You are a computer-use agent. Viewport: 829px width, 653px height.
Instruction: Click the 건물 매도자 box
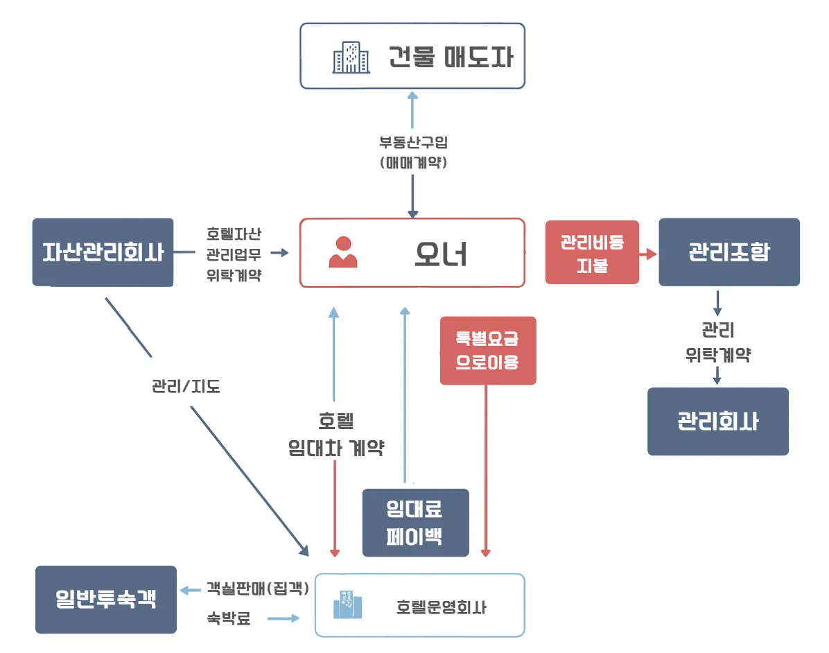[x=412, y=56]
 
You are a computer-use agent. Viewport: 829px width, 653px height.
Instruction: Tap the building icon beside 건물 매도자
[x=348, y=57]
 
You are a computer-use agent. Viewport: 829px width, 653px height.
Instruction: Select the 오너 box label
[x=441, y=254]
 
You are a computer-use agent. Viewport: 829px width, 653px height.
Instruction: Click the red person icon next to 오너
[x=343, y=253]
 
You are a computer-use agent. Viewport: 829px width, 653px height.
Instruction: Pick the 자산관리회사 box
[x=103, y=252]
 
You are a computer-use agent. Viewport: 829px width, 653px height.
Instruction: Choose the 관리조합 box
[x=728, y=252]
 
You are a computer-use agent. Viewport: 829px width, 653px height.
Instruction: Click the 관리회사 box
[x=717, y=421]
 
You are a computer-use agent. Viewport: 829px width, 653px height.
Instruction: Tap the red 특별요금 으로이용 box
[x=488, y=351]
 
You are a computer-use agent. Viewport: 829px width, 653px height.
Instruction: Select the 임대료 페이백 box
[x=415, y=523]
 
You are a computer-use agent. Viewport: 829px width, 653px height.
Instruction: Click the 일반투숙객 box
[x=106, y=600]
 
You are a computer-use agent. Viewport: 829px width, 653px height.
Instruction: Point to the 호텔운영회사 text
[x=442, y=608]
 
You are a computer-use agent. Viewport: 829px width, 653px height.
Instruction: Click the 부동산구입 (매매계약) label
[x=413, y=153]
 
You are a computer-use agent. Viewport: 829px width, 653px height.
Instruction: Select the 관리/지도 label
[x=186, y=386]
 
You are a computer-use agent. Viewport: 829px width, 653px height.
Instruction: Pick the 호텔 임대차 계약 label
[x=336, y=434]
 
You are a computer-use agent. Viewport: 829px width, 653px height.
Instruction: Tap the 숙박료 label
[x=228, y=618]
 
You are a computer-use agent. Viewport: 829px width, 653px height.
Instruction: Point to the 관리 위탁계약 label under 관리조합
[x=718, y=342]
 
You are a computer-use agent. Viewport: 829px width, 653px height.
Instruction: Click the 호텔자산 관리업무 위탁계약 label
[x=234, y=253]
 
